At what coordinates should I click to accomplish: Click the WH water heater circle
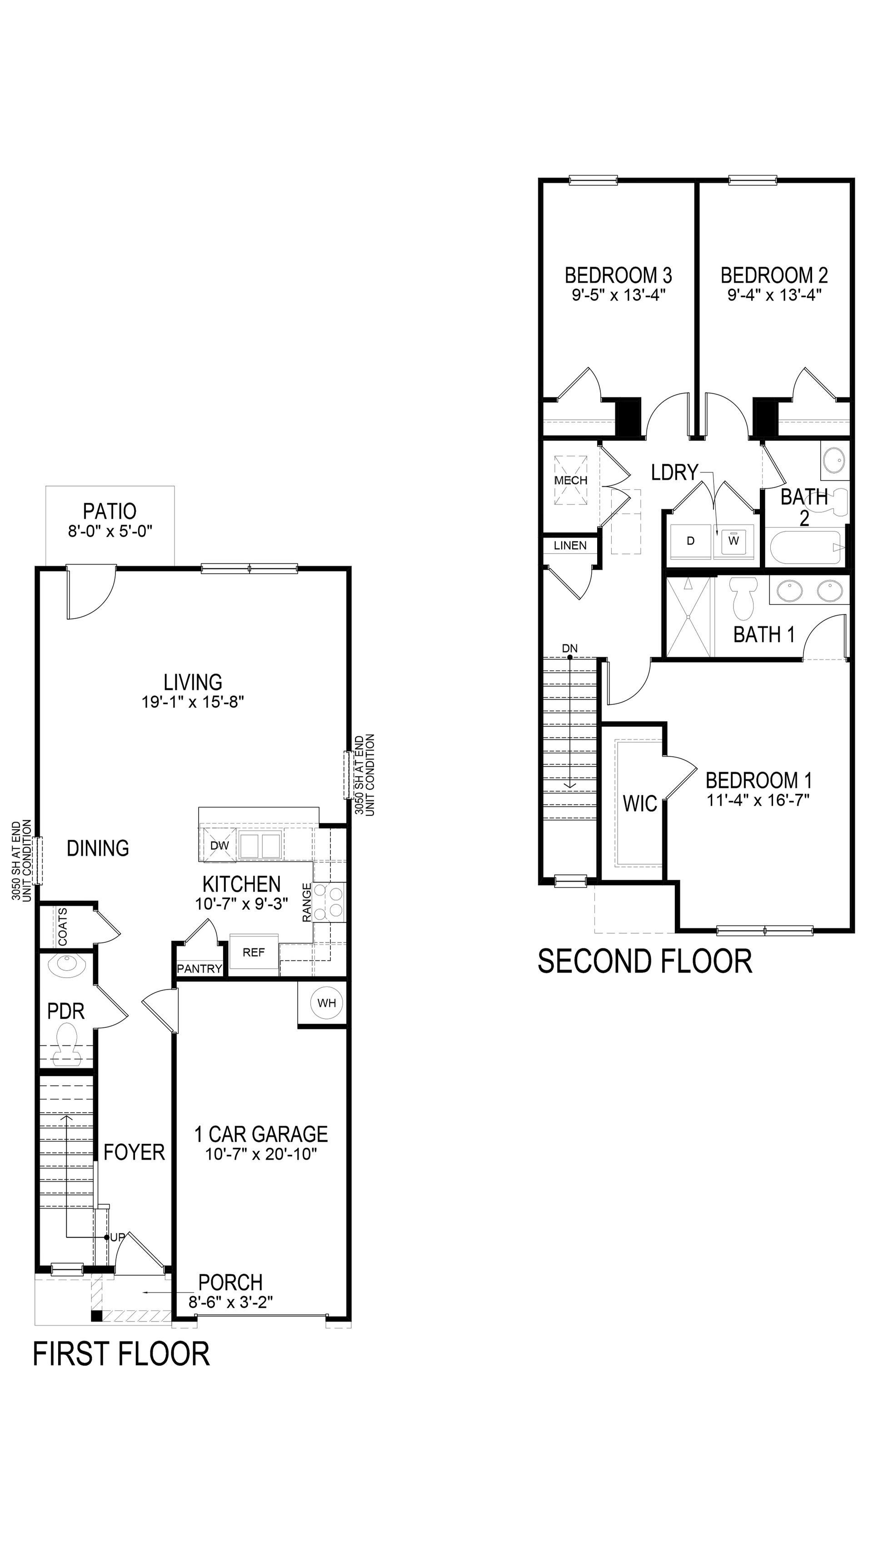click(327, 1003)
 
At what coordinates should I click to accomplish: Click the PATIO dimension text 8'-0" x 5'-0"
click(110, 531)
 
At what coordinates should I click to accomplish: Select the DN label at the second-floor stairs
click(569, 649)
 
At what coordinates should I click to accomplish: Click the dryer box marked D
click(690, 541)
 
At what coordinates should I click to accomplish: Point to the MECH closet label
click(571, 480)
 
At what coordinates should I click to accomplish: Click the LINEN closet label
click(570, 545)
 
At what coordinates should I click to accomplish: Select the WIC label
click(640, 804)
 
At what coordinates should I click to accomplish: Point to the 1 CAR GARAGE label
click(261, 1134)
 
